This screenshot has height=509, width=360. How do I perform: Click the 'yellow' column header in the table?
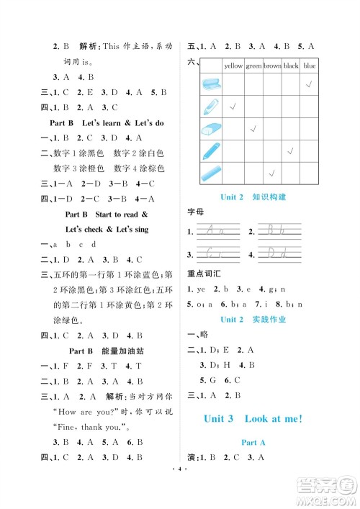coord(233,66)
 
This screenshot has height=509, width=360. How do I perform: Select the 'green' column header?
coord(253,66)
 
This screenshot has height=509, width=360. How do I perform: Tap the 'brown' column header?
coord(272,66)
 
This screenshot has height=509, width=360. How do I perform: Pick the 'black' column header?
coord(291,66)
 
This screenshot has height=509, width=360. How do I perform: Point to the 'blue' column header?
coord(310,66)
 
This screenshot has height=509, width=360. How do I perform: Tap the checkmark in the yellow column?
coord(233,107)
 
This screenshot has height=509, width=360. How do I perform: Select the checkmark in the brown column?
coord(272,173)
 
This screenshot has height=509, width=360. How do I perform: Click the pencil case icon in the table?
coord(211,86)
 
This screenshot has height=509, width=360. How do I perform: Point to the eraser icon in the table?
coord(211,130)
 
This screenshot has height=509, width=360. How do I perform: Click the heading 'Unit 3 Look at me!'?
coord(251,418)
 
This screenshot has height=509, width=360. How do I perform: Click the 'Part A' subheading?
coord(251,443)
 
